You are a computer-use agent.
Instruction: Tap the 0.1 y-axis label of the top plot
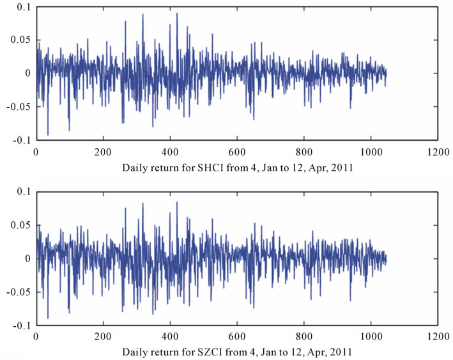click(24, 7)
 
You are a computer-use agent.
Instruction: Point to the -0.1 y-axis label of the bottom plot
click(21, 325)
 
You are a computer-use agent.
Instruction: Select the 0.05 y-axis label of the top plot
click(20, 40)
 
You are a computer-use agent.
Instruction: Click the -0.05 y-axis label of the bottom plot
click(18, 292)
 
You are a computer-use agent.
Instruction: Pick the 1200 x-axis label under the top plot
click(438, 152)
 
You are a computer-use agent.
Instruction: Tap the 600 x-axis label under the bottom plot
click(237, 336)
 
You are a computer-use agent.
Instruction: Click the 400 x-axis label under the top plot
click(170, 152)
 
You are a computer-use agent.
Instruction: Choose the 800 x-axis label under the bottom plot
click(304, 336)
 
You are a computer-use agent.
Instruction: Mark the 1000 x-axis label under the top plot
click(371, 152)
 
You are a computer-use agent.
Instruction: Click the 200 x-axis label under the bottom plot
click(103, 336)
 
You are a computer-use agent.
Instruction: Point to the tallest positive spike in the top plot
click(177, 13)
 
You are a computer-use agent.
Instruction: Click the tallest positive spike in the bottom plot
click(177, 202)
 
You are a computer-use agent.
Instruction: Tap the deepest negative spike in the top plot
click(48, 135)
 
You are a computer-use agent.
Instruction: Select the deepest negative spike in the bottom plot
click(48, 318)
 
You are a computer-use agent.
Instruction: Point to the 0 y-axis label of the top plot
click(27, 74)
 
